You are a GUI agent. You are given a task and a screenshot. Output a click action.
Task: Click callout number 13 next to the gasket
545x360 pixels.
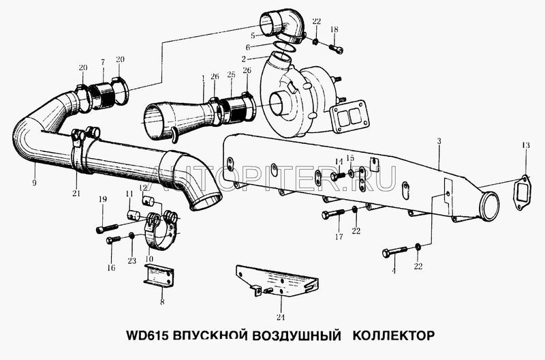pos(525,145)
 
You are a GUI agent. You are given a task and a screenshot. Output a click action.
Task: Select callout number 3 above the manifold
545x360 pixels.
pos(439,141)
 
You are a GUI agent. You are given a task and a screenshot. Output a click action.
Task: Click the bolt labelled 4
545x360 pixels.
pos(394,253)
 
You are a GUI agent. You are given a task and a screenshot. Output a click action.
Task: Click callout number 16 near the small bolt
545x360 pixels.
pos(111,267)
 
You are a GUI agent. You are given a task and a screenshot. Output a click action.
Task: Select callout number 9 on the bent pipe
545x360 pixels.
pos(33,183)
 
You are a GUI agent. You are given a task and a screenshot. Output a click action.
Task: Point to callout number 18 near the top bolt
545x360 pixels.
pos(334,29)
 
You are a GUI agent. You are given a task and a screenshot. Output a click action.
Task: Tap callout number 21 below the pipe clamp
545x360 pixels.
pos(76,193)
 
